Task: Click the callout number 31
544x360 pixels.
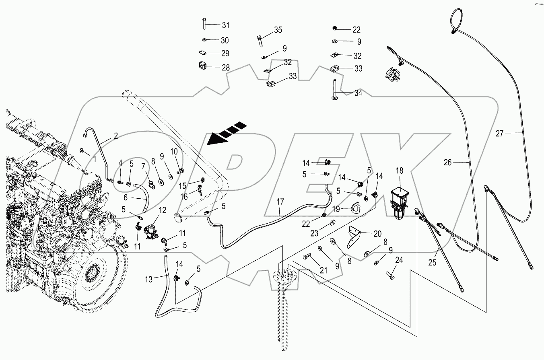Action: pos(225,25)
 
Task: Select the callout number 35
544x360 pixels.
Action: pos(278,30)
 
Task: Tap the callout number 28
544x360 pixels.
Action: pos(225,68)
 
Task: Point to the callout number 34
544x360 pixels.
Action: pos(358,93)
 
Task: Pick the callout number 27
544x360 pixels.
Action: pos(499,134)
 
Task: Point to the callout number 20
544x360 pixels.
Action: pos(377,233)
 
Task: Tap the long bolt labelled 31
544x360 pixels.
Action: pos(204,25)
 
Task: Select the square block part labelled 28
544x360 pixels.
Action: pos(203,66)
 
